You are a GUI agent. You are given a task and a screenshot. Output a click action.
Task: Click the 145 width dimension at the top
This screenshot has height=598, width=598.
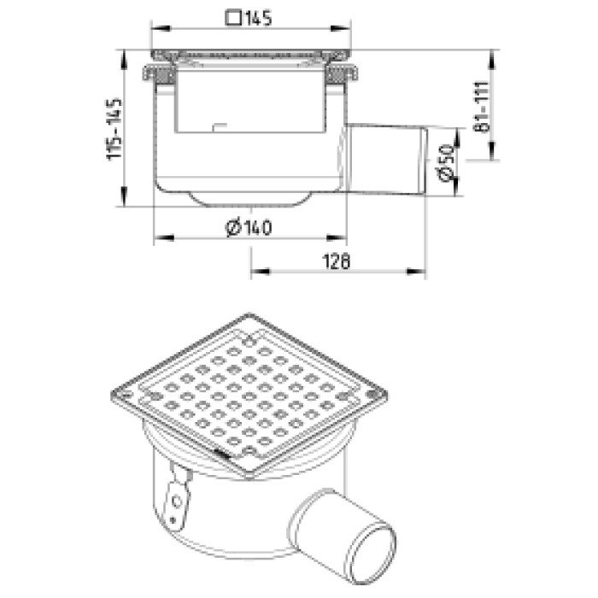258,18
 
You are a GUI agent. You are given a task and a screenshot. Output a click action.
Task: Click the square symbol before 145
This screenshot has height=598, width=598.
233,18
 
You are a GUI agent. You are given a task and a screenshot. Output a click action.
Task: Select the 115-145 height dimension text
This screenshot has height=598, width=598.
114,130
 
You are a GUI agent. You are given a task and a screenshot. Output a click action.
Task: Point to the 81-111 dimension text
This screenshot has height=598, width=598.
481,107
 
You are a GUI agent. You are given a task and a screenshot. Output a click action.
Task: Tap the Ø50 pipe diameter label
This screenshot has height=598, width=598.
446,162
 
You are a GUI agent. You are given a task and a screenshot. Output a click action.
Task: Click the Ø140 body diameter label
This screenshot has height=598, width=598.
249,228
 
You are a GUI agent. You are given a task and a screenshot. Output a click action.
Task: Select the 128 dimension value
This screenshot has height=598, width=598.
337,262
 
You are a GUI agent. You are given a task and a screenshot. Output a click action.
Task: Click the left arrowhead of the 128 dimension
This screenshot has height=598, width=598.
260,272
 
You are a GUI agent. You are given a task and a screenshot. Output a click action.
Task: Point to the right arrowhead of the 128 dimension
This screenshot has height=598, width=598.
417,272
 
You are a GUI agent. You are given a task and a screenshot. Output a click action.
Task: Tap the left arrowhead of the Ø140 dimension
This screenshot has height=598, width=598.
164,238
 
